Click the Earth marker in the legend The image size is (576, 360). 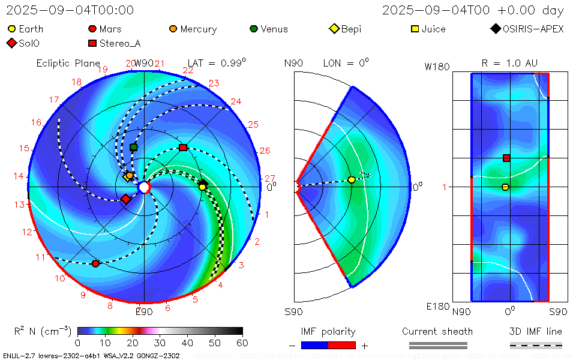coord(12,29)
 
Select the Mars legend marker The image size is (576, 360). coord(92,29)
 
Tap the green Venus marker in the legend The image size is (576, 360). coord(254,29)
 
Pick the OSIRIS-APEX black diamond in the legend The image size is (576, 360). coord(495,29)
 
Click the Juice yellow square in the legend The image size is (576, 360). coord(415,29)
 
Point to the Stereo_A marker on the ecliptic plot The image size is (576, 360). coord(183,147)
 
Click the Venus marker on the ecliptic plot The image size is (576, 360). coord(134,147)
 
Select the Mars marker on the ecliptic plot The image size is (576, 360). coord(95,263)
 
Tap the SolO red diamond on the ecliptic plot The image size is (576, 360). coord(126,199)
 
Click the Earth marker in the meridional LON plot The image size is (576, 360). coord(352,180)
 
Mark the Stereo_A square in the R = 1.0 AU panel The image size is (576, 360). coord(506,158)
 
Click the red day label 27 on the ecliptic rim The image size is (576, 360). coord(270,178)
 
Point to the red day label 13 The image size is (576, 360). coord(20,204)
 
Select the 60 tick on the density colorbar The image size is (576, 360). coord(242,343)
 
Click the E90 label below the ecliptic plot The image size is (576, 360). coord(144,311)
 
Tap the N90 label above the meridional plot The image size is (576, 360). coord(293,63)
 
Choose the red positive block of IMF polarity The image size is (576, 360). coord(342,345)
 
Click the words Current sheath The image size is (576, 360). coord(437,331)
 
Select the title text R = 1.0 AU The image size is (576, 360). coord(509,63)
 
